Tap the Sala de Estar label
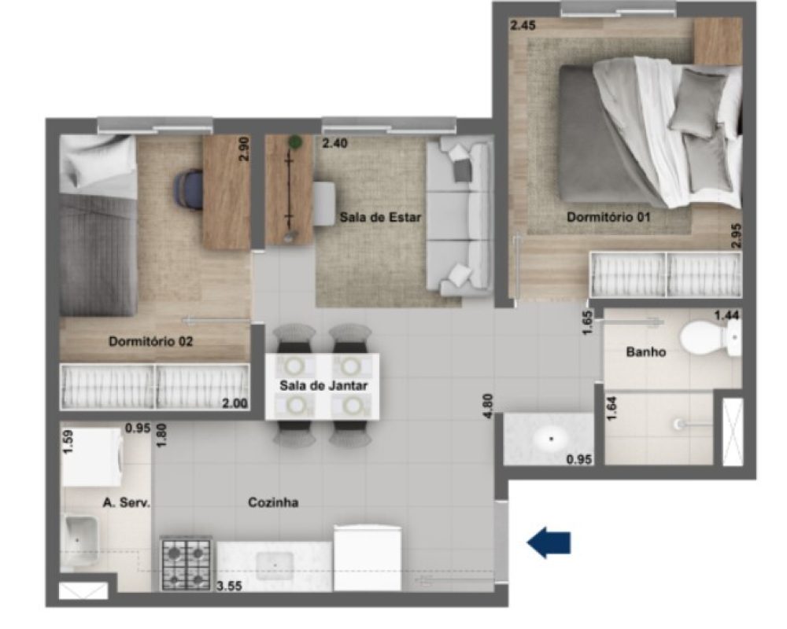point(380,217)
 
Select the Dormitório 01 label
point(608,217)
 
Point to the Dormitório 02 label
point(150,341)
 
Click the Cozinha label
point(273,502)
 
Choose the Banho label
point(646,352)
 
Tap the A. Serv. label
point(127,502)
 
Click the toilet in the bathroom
point(710,338)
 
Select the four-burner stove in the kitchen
point(186,564)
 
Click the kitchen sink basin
point(275,565)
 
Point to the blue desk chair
point(189,190)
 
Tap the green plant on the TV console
point(295,142)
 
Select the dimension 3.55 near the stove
point(229,586)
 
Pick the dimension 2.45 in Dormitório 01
point(523,24)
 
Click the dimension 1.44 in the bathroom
point(726,315)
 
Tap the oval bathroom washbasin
point(551,439)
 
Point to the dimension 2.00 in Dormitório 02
point(235,403)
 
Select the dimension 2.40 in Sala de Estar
point(334,143)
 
